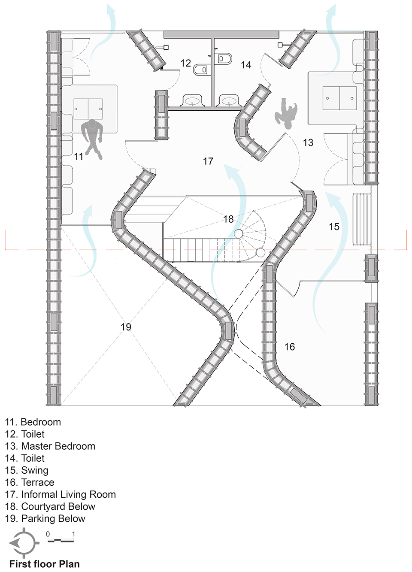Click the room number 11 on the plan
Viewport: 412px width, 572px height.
coord(79,156)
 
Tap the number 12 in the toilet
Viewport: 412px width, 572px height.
coord(186,63)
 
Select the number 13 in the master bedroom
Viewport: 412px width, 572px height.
coord(308,142)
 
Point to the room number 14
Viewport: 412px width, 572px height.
coord(246,65)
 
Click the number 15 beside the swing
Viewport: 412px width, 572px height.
coord(334,227)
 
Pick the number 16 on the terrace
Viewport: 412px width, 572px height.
coord(290,347)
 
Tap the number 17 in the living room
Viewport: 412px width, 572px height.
coord(208,161)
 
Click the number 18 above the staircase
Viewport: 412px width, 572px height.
coord(228,219)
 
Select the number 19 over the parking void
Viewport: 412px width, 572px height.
coord(126,327)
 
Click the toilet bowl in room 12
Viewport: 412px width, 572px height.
coord(202,69)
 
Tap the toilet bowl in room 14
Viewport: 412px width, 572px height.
coord(224,58)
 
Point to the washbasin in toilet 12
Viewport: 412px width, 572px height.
coord(192,101)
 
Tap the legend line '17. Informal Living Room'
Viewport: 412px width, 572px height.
coord(60,494)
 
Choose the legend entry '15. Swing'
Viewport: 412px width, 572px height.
coord(27,470)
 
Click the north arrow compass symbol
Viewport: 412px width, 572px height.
coord(24,543)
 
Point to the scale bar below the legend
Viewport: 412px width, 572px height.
coord(61,540)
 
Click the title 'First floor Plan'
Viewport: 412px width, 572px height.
coord(45,564)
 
